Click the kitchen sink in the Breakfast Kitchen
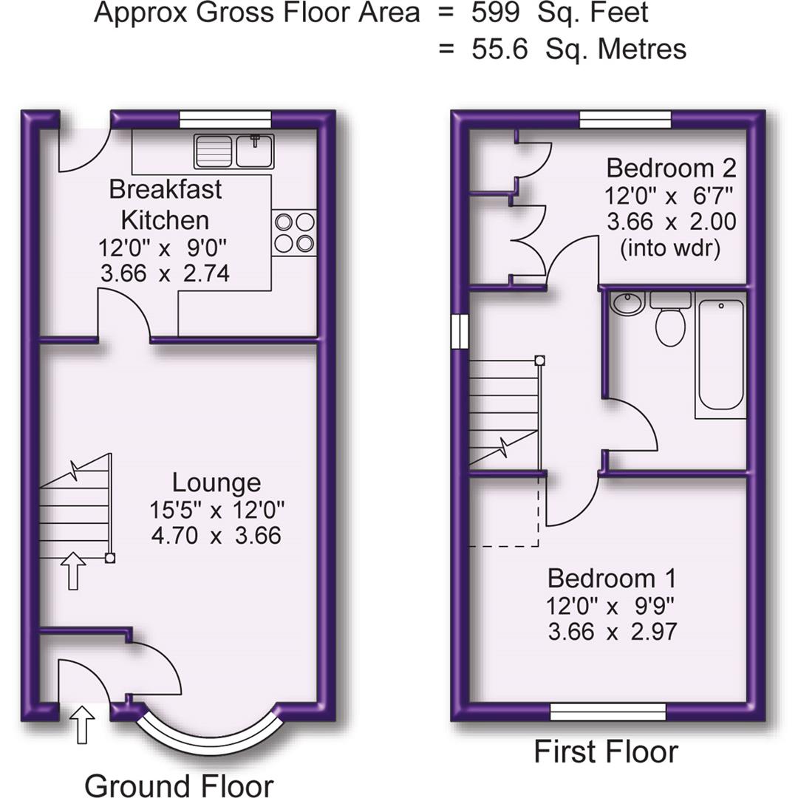(x=234, y=151)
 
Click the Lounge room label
(x=216, y=482)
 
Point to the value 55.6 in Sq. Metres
(x=499, y=49)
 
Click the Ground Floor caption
(x=179, y=785)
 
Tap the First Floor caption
(x=606, y=752)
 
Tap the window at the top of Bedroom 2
(x=625, y=117)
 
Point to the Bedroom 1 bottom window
(x=609, y=712)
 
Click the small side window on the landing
(x=460, y=330)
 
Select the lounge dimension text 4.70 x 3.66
(x=216, y=534)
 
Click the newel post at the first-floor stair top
(x=540, y=360)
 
